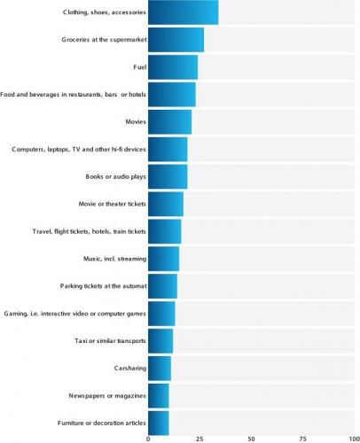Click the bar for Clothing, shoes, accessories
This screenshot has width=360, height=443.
183,12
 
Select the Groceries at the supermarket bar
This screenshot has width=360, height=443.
176,40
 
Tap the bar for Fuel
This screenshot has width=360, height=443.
173,67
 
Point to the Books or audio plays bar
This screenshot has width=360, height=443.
168,176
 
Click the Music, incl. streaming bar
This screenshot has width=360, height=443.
163,258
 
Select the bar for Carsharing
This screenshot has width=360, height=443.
159,368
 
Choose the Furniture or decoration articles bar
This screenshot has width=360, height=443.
158,423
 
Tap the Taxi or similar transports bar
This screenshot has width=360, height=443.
160,340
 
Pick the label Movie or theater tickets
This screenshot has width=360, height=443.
105,204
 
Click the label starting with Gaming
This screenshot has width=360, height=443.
74,313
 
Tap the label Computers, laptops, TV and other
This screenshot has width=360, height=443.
78,149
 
